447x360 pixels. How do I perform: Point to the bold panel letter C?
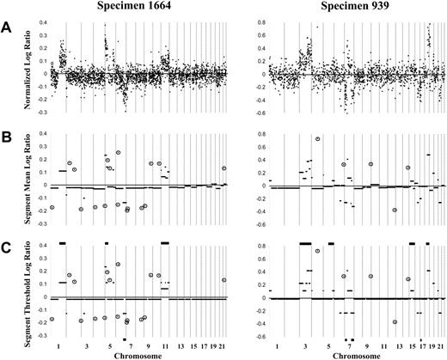7,248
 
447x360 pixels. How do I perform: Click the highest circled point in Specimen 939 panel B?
318,138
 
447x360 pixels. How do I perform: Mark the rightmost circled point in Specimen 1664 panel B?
223,168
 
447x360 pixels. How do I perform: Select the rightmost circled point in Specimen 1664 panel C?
223,279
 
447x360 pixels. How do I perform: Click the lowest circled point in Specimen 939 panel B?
395,210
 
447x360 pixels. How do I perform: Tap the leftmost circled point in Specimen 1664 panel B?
52,207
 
